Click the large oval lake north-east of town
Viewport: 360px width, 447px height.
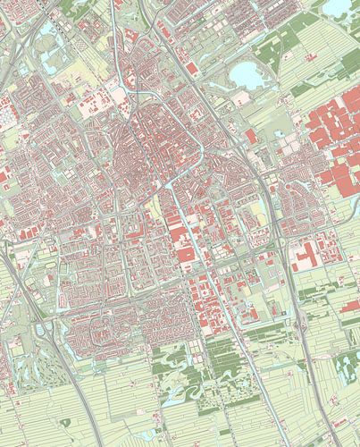click(247, 75)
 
